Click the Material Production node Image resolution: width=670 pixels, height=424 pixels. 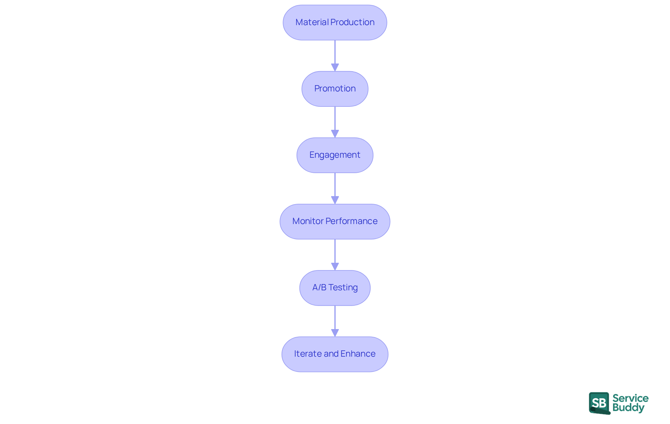coord(335,22)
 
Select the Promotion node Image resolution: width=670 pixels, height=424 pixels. coord(335,89)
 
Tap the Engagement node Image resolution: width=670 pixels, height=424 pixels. coord(335,155)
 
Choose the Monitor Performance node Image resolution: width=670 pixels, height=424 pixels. coord(335,221)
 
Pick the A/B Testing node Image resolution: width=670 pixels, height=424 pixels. coord(335,288)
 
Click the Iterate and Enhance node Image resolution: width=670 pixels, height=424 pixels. coord(335,354)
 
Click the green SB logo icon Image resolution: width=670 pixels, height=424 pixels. coord(599,403)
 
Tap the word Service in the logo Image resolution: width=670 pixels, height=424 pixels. coord(630,398)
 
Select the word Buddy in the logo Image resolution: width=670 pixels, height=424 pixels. coord(628,408)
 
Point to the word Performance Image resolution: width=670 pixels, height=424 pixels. coord(351,221)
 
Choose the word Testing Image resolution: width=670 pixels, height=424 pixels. coord(343,288)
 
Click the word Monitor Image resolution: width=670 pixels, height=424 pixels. coord(308,221)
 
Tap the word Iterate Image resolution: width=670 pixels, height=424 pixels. coord(307,354)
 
